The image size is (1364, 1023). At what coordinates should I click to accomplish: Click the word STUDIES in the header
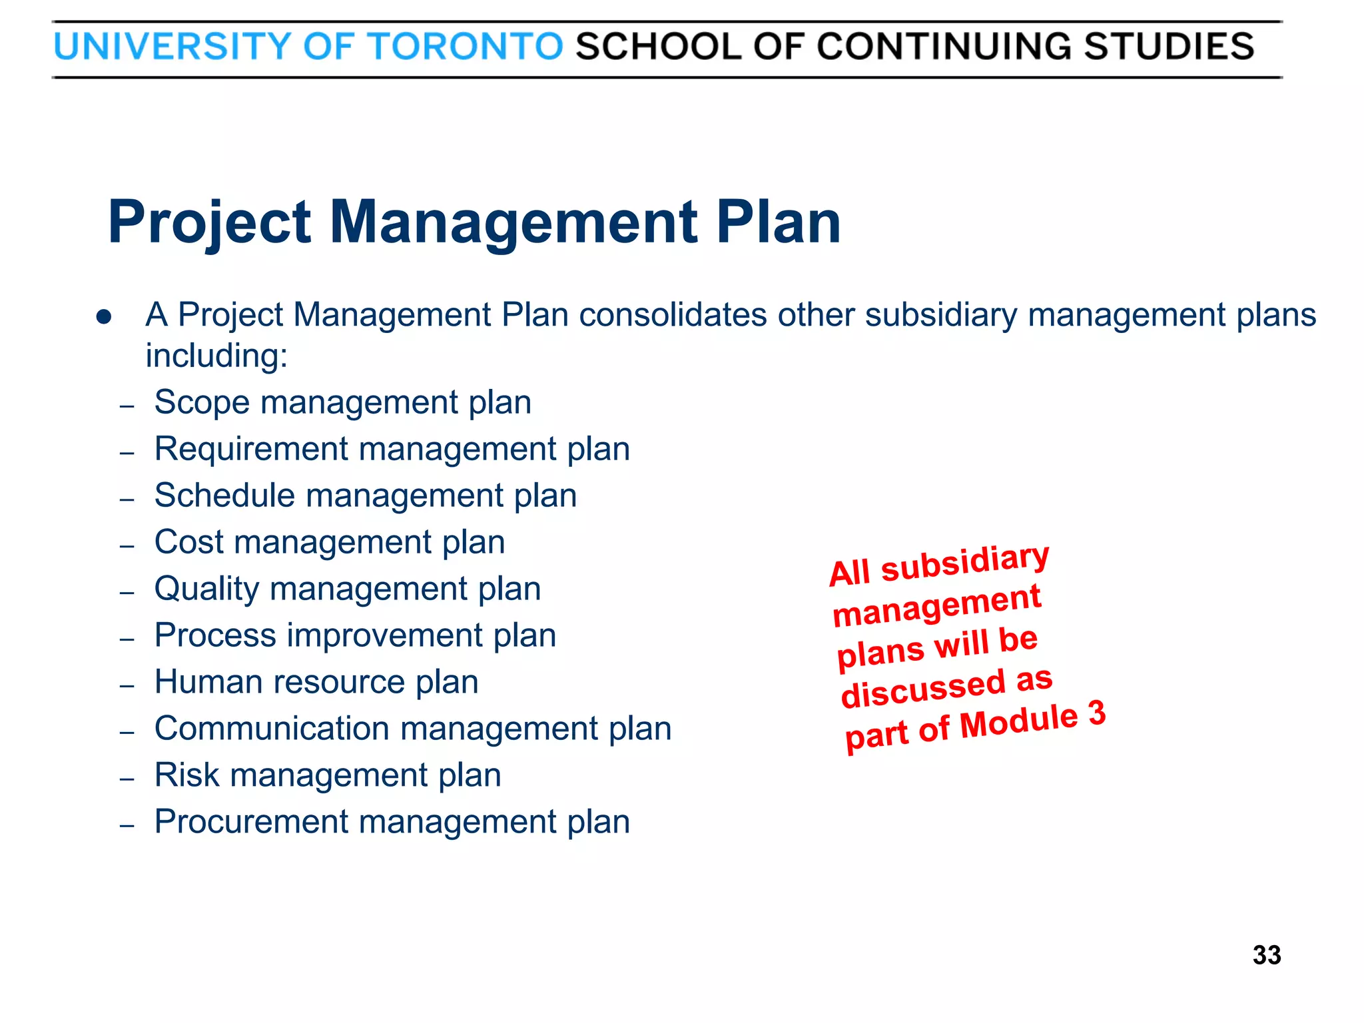tap(1169, 47)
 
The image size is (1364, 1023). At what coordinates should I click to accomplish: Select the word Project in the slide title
tap(209, 223)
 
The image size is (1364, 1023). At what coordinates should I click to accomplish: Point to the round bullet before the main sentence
tap(103, 316)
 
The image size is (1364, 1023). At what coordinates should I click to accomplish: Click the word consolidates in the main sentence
tap(673, 314)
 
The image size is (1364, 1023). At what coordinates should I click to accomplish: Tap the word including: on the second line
tap(216, 356)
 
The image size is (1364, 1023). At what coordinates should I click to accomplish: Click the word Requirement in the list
tap(251, 449)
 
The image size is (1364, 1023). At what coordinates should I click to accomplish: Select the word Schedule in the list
tap(224, 496)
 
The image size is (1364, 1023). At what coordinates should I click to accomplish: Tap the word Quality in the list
tap(206, 589)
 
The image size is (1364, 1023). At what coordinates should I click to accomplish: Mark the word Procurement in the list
tap(251, 822)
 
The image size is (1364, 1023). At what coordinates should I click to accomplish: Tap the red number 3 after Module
tap(1096, 714)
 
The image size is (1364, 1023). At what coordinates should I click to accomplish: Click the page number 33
tap(1266, 955)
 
